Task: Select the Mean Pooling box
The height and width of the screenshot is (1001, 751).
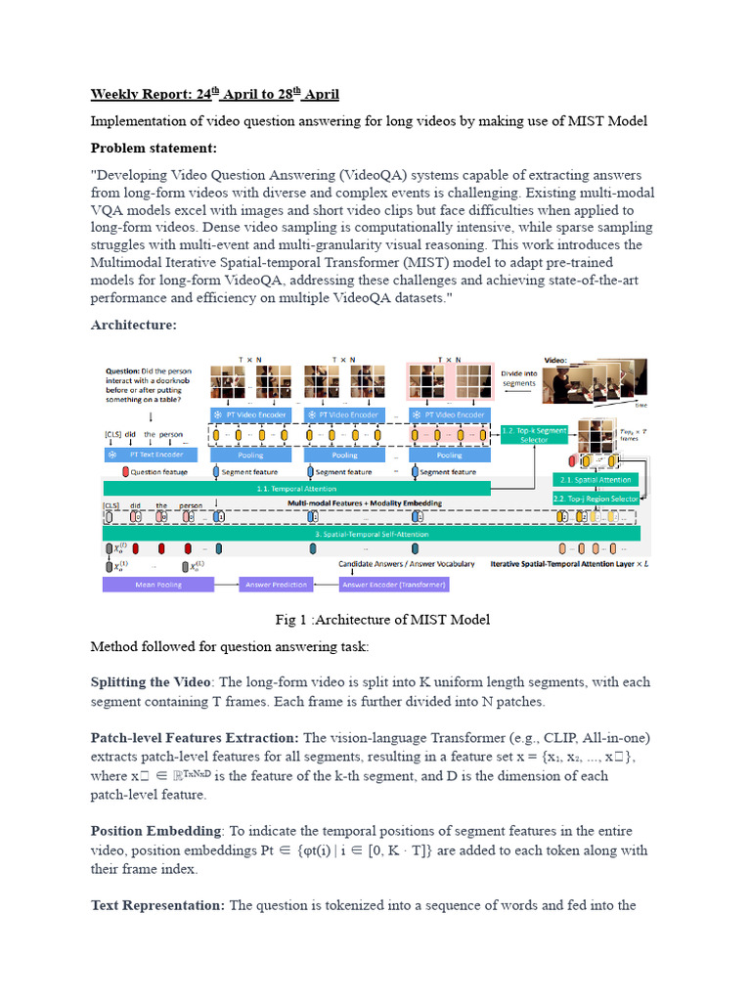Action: coord(146,585)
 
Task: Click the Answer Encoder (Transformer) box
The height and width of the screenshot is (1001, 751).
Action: coord(395,585)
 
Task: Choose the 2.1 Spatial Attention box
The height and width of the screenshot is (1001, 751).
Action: coord(596,480)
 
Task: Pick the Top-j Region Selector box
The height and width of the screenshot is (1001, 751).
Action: coord(596,499)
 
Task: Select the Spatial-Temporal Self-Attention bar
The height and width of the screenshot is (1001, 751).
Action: coord(372,535)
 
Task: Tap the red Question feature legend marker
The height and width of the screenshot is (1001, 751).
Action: coord(126,471)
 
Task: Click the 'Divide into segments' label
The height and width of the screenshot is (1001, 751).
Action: coord(518,377)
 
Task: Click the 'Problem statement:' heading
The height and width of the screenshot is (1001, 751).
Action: coord(154,149)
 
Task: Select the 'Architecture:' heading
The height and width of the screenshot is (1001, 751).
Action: coord(134,326)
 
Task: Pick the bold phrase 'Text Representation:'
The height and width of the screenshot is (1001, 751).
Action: coord(157,905)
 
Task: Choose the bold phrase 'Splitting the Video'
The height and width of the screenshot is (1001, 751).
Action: coord(152,681)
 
